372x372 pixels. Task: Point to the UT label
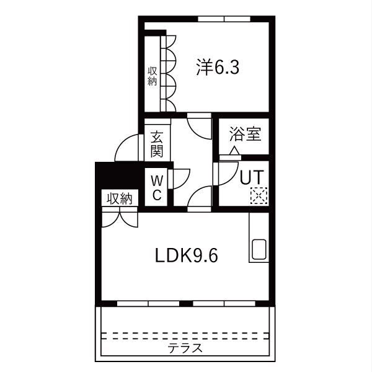[252, 177]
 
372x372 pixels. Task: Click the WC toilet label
[157, 188]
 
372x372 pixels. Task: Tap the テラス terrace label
[185, 348]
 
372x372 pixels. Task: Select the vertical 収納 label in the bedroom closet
[153, 76]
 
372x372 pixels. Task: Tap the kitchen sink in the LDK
[259, 250]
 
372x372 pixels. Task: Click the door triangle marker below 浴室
[234, 151]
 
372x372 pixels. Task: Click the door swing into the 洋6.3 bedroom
[200, 126]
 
